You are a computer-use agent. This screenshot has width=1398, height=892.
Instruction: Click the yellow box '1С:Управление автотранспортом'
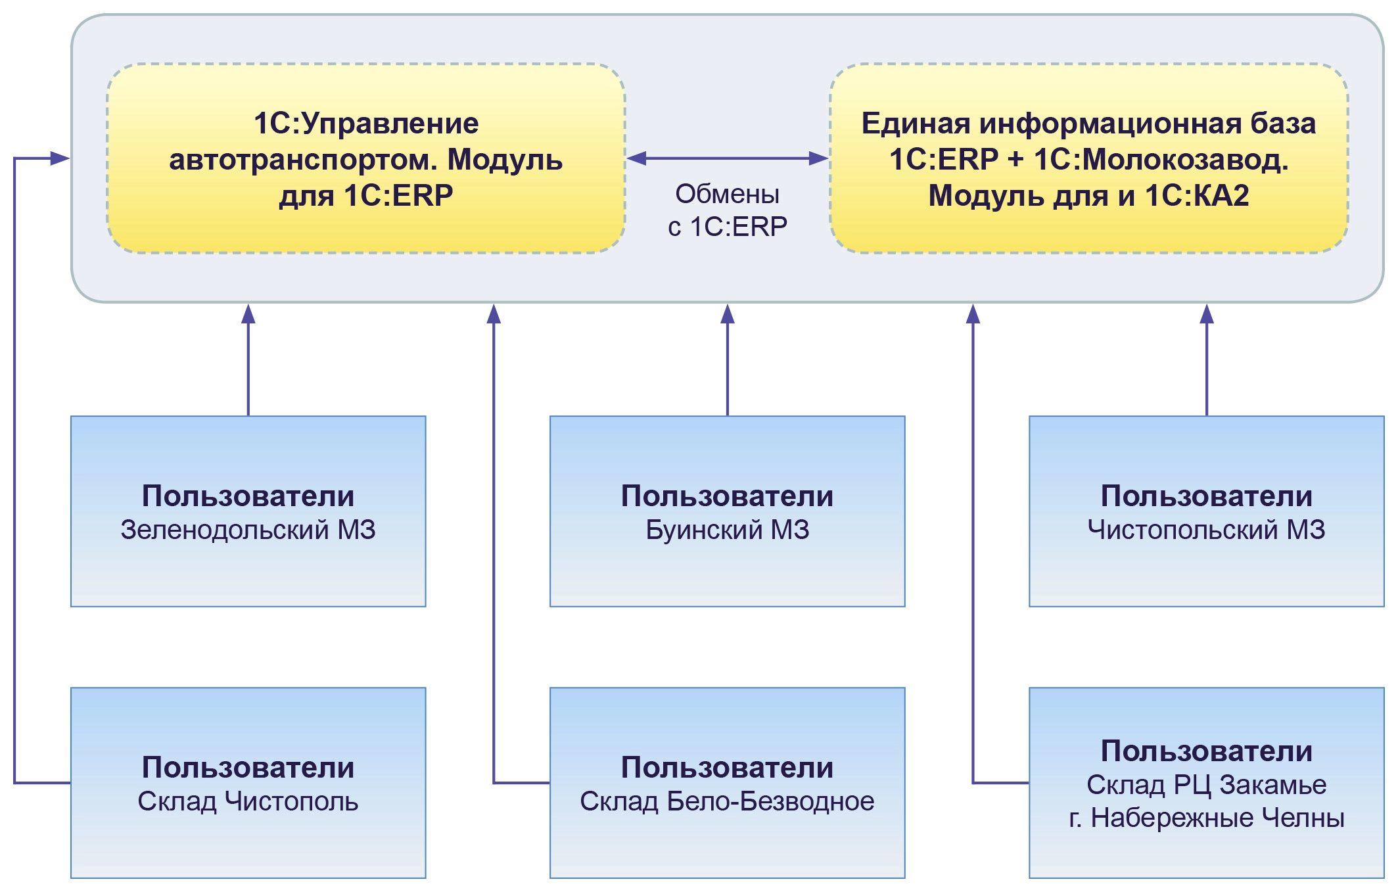point(365,158)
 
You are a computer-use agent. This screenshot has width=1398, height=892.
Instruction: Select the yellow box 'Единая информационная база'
point(1088,158)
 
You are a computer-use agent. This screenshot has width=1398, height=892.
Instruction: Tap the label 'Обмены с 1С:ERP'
point(727,210)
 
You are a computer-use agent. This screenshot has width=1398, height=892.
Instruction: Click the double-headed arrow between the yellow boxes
point(727,158)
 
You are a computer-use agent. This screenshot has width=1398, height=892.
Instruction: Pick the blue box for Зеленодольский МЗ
point(248,511)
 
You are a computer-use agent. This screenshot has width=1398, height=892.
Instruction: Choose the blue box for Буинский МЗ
point(727,511)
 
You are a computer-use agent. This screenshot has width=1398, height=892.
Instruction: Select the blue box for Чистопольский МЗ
point(1206,511)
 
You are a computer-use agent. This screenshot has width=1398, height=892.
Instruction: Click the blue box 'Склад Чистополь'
point(248,782)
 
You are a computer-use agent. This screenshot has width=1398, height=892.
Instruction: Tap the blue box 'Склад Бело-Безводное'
point(727,782)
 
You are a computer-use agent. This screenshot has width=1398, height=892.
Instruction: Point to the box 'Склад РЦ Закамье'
point(1206,782)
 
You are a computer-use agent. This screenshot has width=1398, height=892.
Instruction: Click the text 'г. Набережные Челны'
point(1206,818)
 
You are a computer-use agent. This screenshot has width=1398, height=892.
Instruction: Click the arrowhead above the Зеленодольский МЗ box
point(248,314)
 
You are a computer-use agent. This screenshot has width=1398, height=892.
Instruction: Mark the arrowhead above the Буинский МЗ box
point(727,314)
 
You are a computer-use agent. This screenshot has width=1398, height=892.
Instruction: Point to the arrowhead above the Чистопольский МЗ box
point(1206,314)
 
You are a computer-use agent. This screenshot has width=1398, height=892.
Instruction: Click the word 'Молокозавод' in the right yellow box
point(1160,160)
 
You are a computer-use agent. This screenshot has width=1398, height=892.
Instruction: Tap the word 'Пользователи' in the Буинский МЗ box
point(727,496)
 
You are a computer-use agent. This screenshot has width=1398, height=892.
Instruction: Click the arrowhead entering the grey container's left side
point(60,158)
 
